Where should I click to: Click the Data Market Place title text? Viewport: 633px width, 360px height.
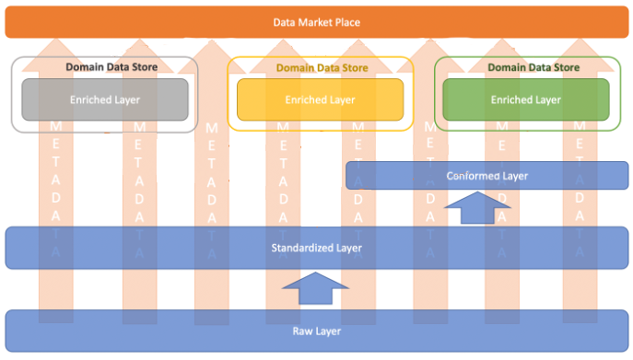click(316, 22)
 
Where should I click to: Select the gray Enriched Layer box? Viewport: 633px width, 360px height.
click(105, 99)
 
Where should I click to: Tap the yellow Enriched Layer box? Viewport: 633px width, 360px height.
click(320, 99)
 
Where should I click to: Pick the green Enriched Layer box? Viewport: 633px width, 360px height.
click(525, 99)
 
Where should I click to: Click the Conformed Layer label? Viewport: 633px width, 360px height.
click(486, 176)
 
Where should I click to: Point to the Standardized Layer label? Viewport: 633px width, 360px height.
click(316, 248)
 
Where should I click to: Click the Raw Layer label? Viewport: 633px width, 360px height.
click(316, 331)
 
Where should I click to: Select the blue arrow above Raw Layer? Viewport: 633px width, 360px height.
click(315, 291)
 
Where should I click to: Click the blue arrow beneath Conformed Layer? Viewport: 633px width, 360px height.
click(477, 208)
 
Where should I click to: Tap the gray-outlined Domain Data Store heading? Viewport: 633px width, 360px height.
click(111, 67)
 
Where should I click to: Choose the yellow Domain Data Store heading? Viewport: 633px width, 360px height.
click(322, 67)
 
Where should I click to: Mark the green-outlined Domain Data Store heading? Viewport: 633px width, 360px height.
click(533, 67)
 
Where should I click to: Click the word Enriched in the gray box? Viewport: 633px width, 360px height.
click(90, 99)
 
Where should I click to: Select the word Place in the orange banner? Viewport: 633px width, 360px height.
click(347, 22)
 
